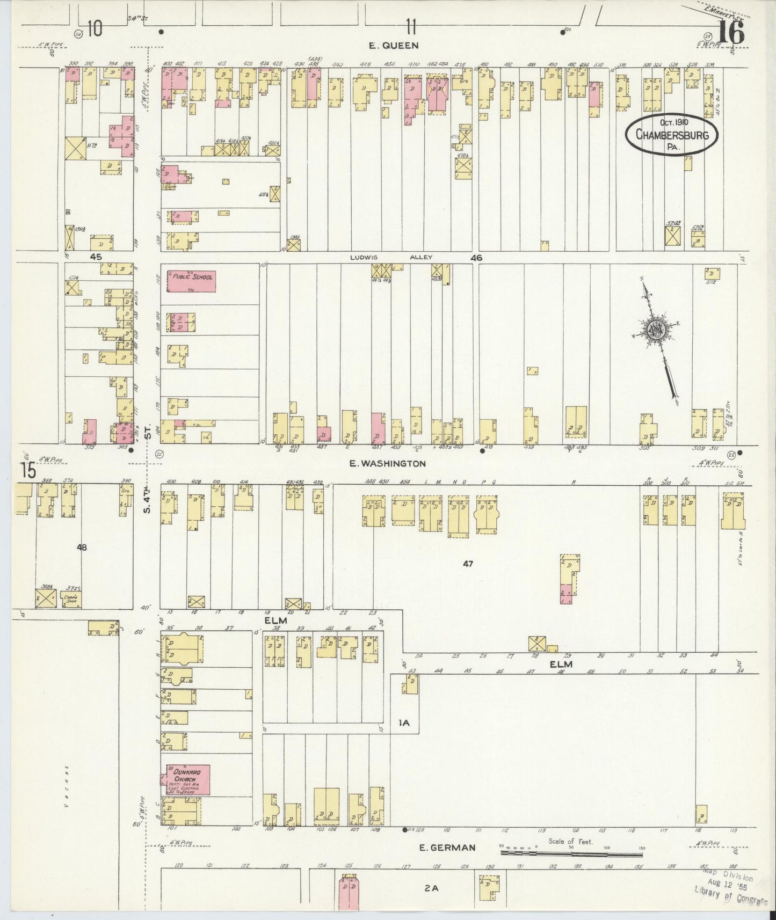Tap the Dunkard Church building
[187, 780]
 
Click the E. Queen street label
[393, 46]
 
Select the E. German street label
[447, 848]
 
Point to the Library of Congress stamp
[731, 891]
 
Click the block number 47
[468, 564]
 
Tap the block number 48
[82, 547]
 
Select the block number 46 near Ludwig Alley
[476, 258]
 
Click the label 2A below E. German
[431, 888]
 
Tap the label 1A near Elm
[404, 723]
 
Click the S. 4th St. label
[148, 483]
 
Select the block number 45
[96, 257]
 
